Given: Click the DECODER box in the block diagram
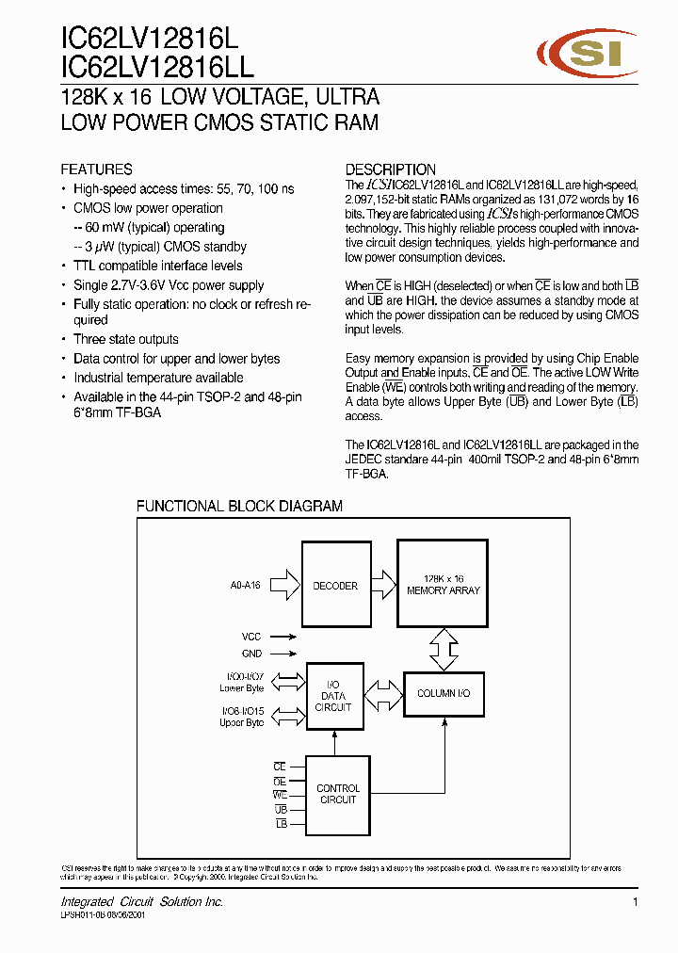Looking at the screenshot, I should pos(334,586).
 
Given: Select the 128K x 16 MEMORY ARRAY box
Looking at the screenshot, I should pos(443,584).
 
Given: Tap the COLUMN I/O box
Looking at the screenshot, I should pos(444,693).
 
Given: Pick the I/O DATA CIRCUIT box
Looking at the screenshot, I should pos(333,696).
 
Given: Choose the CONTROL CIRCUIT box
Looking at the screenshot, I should pos(338,794).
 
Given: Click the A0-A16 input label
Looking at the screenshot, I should pos(245,586).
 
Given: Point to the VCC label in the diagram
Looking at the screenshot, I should pos(251,638).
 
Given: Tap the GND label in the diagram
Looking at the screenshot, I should pos(251,654).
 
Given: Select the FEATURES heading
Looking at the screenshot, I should pos(96,170).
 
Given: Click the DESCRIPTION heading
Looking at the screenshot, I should pos(390,170).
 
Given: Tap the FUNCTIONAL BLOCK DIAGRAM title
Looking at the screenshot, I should pos(239,506).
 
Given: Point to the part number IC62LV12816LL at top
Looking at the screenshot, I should pos(157,66).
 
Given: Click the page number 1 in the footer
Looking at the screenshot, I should pos(636,902).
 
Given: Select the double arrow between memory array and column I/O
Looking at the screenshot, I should pos(444,648).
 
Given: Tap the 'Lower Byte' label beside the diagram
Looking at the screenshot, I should pos(242,688).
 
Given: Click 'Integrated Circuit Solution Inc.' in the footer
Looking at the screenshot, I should pos(142,902).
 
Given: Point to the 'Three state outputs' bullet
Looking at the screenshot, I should pos(126,339).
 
